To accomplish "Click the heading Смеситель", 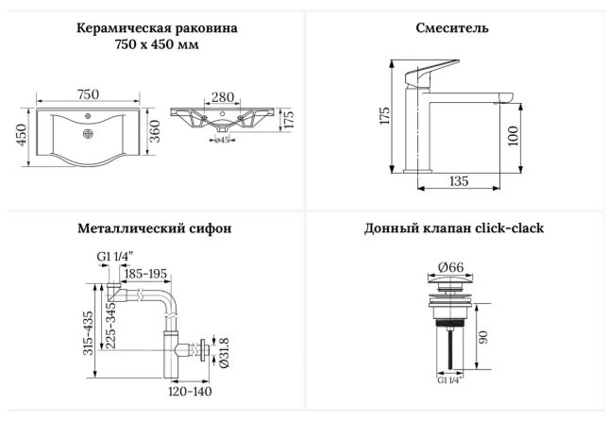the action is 452,28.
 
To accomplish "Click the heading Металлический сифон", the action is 154,228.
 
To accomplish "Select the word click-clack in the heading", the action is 510,227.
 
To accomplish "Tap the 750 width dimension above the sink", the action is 88,94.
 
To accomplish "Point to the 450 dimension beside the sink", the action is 22,135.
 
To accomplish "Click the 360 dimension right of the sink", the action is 154,131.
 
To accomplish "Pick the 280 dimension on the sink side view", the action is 223,97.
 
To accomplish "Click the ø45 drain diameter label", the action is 222,140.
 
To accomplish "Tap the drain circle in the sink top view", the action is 89,134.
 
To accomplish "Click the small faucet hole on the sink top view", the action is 88,115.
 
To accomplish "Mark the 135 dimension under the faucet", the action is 459,181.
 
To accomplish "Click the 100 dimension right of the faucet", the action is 513,135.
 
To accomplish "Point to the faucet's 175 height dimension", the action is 384,115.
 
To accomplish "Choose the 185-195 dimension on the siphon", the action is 145,274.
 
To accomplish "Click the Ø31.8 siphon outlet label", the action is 224,352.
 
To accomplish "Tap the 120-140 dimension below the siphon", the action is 190,391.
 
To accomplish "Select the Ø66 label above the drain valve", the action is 450,267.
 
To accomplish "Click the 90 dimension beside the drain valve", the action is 483,337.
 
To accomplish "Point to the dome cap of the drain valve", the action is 450,279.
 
